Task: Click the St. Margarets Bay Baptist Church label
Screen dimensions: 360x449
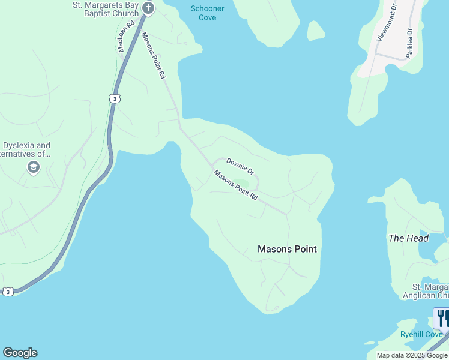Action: click(106, 9)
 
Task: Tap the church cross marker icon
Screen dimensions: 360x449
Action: click(149, 8)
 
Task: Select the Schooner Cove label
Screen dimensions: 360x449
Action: click(207, 13)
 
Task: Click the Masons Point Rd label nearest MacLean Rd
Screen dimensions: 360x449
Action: click(153, 56)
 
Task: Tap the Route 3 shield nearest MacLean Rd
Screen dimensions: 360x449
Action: click(114, 98)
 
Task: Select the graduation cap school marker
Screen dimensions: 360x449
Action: click(34, 167)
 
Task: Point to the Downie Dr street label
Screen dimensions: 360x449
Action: click(240, 166)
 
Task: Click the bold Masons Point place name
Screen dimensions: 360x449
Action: click(287, 249)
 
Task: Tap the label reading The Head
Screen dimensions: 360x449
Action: click(409, 238)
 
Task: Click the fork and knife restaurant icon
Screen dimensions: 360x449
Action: click(442, 316)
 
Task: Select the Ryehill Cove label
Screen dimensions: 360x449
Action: click(421, 334)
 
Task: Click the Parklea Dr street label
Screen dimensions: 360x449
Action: click(409, 43)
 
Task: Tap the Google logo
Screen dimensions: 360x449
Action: click(20, 353)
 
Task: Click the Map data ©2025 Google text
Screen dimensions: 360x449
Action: click(412, 355)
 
